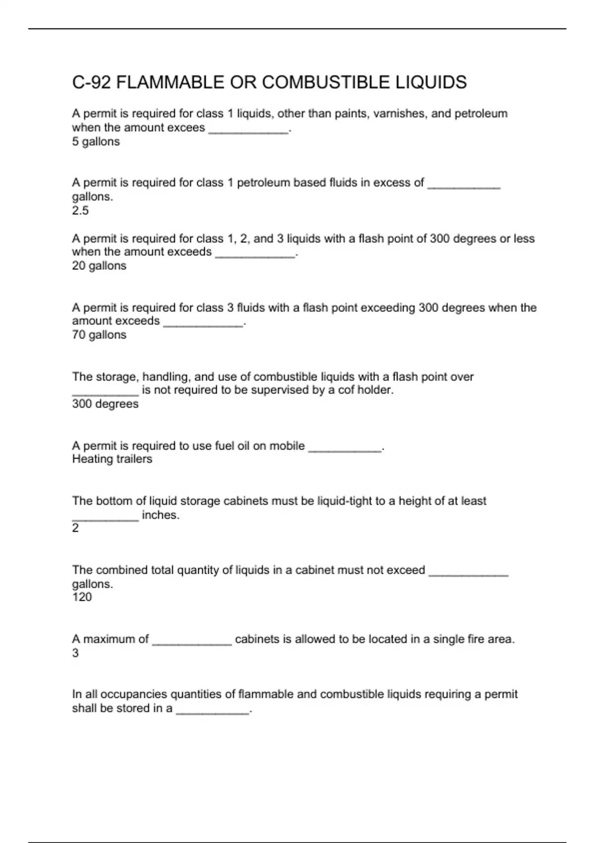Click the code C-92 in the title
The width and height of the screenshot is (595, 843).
[91, 82]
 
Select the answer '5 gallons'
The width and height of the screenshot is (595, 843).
[96, 142]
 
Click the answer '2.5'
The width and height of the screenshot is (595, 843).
[80, 211]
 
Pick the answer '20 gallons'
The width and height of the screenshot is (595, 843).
[99, 266]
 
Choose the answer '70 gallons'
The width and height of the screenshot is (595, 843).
[99, 335]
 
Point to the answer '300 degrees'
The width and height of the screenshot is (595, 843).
[105, 404]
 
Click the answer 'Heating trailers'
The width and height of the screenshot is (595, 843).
[112, 459]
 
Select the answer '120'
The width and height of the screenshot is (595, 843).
[82, 597]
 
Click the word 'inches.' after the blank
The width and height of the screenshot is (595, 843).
[161, 515]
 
